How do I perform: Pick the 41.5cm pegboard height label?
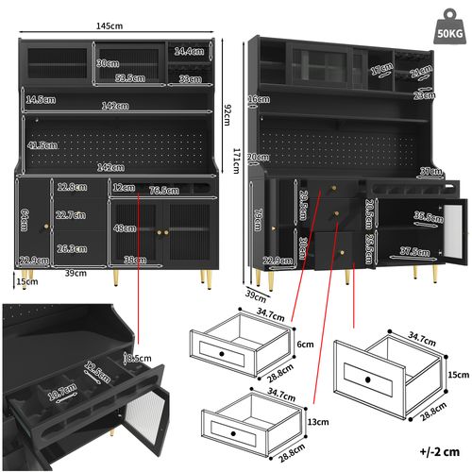coord(42,145)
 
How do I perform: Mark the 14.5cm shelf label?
coord(39,98)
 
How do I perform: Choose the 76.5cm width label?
coord(164,189)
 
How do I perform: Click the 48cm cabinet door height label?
coord(125,227)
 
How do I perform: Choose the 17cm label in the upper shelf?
coord(380,69)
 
